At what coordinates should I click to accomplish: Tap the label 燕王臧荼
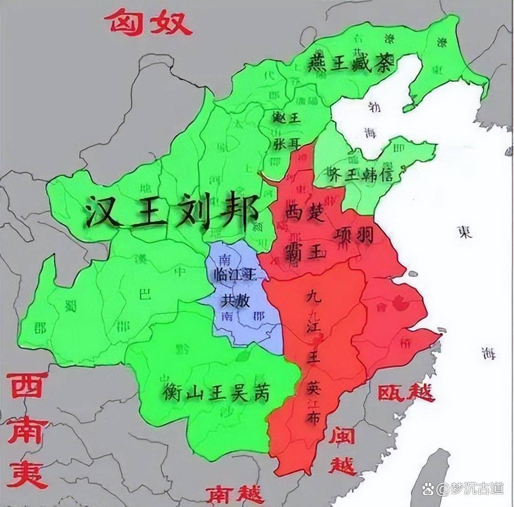(x=351, y=64)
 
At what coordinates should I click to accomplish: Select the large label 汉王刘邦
(x=172, y=211)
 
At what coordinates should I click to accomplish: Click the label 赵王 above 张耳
(x=286, y=118)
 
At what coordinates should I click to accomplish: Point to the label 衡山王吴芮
(x=216, y=393)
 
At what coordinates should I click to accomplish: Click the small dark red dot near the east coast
(x=399, y=304)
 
